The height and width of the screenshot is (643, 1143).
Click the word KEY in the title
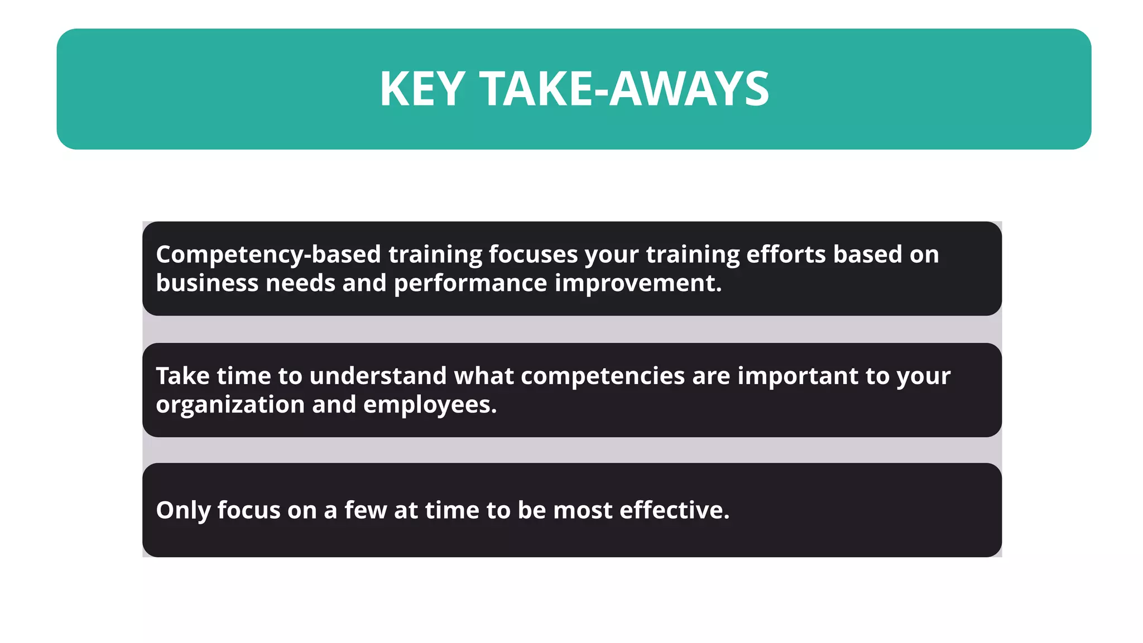click(x=422, y=89)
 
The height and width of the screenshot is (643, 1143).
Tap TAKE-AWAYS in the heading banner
click(x=624, y=89)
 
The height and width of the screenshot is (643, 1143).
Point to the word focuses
click(x=533, y=255)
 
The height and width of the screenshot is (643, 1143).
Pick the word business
click(x=207, y=283)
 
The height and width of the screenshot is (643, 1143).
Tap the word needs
click(x=300, y=283)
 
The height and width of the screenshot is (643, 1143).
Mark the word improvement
click(x=638, y=283)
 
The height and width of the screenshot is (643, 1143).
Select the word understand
click(x=378, y=376)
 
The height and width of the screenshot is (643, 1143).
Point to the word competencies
click(x=603, y=377)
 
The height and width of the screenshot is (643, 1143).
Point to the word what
click(x=484, y=376)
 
